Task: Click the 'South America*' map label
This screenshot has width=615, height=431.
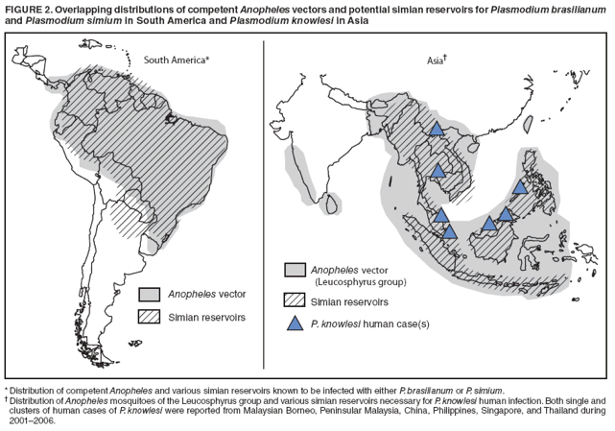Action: click(177, 60)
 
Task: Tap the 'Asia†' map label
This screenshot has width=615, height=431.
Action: click(438, 60)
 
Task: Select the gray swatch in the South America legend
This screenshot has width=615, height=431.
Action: click(149, 293)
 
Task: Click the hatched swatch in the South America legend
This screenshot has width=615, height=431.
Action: click(149, 316)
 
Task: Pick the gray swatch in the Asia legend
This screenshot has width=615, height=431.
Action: click(295, 270)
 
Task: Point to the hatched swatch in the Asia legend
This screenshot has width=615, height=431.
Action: click(295, 301)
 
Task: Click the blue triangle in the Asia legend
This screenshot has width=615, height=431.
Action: click(295, 323)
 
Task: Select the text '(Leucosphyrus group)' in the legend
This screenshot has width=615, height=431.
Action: click(360, 283)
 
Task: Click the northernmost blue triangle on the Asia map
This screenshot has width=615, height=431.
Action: click(436, 129)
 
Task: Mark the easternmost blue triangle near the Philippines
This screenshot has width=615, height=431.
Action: click(520, 187)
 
